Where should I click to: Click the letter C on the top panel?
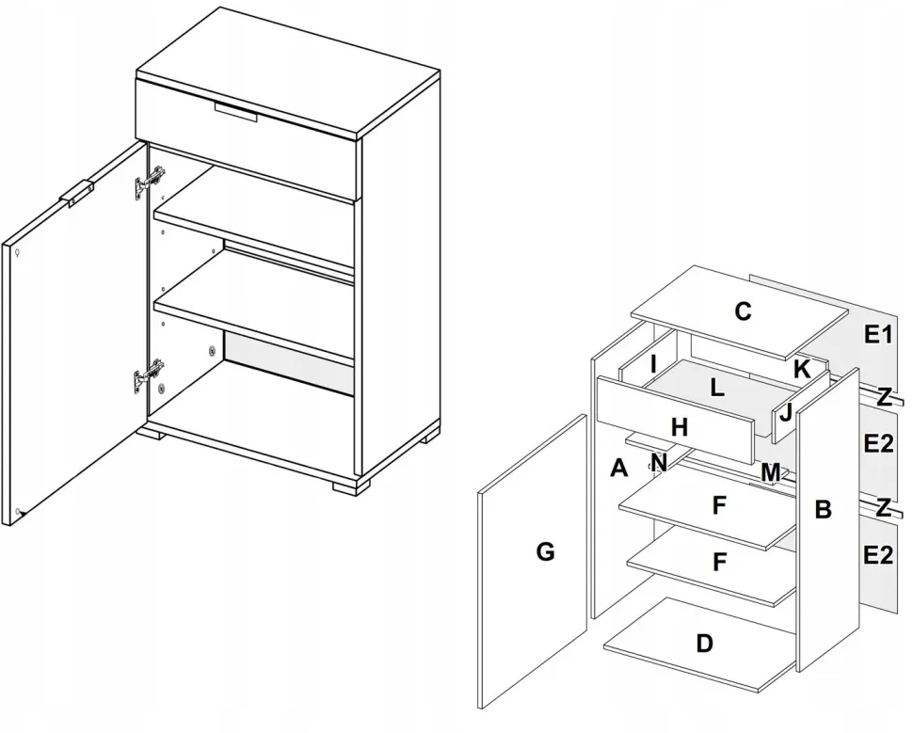pos(743,311)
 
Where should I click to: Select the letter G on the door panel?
pos(545,551)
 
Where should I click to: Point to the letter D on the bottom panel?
pos(704,644)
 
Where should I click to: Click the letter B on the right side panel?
pos(823,510)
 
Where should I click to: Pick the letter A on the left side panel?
pos(618,468)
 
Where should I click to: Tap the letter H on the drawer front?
pos(680,427)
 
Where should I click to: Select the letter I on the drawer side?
pos(653,363)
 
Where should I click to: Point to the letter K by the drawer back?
pos(801,369)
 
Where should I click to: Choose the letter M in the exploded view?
pos(771,471)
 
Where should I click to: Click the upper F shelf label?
pos(719,505)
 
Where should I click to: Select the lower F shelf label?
pos(719,562)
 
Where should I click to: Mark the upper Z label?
pos(884,397)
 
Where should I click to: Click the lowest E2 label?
pos(877,555)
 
